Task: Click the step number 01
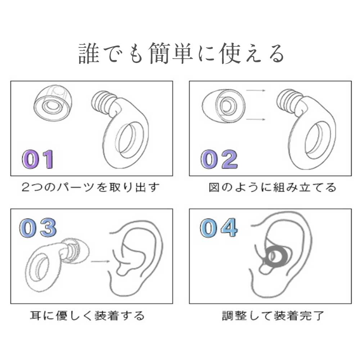pyautogui.click(x=38, y=159)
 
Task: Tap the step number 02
pyautogui.click(x=219, y=159)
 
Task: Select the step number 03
pyautogui.click(x=38, y=228)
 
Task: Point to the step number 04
pyautogui.click(x=219, y=228)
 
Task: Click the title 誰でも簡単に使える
pyautogui.click(x=181, y=54)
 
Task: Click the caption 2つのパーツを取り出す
pyautogui.click(x=90, y=187)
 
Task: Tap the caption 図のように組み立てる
pyautogui.click(x=272, y=187)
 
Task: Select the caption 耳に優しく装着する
pyautogui.click(x=87, y=315)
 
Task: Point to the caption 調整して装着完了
pyautogui.click(x=273, y=315)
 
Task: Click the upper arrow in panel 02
pyautogui.click(x=256, y=90)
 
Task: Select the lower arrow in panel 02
pyautogui.click(x=256, y=120)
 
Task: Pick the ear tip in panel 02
pyautogui.click(x=224, y=106)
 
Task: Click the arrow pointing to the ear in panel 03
pyautogui.click(x=100, y=261)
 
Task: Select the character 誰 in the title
pyautogui.click(x=89, y=54)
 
